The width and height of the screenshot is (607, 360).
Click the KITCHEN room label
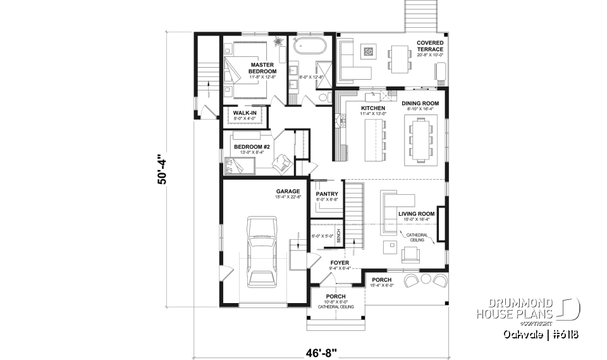coord(372,109)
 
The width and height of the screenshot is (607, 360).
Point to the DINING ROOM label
coord(420,102)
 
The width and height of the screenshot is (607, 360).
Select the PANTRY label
coord(327,194)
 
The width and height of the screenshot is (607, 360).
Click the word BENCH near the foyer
coord(339,236)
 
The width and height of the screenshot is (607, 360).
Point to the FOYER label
coord(340,262)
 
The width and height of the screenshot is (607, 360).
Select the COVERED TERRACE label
coord(430,46)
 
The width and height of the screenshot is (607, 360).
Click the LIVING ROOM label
coord(416,214)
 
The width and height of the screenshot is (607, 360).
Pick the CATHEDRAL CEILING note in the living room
coord(417,237)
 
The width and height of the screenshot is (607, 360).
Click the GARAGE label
coord(287,191)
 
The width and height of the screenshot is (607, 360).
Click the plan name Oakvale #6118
coord(542,334)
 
